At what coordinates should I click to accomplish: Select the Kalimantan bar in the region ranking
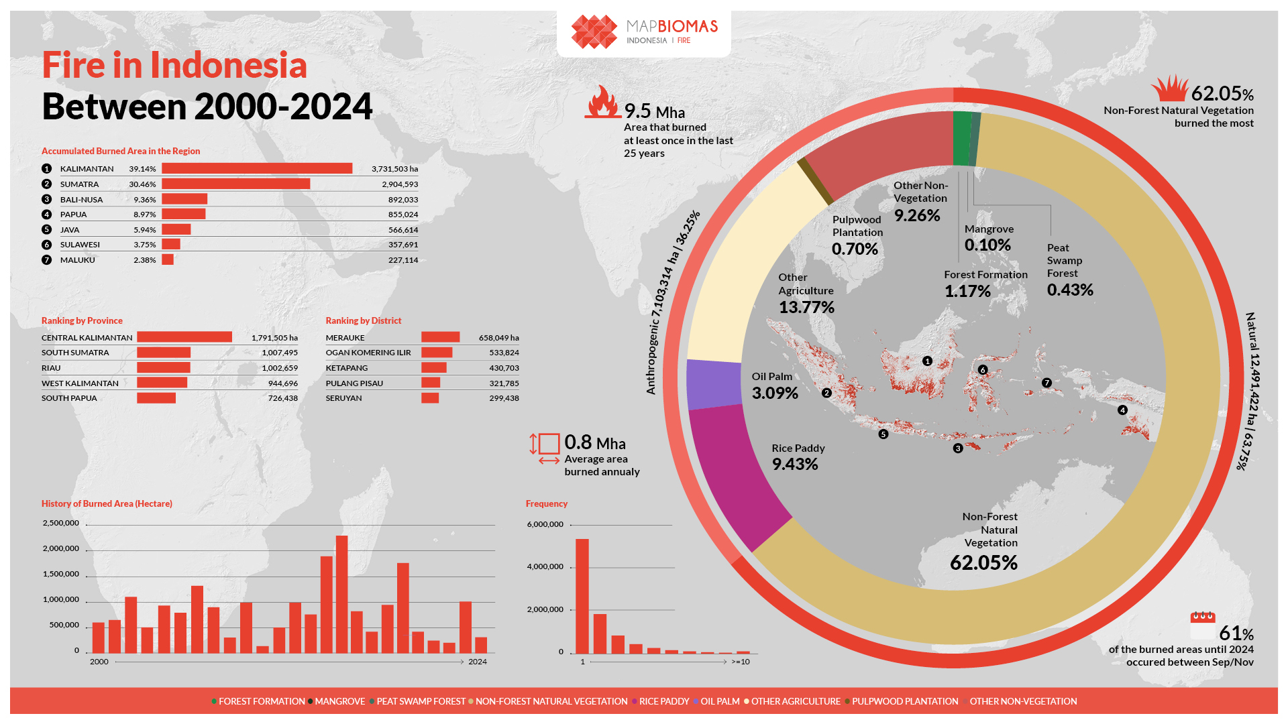click(256, 168)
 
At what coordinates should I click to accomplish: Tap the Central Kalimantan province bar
click(184, 337)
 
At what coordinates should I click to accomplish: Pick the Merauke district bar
click(440, 337)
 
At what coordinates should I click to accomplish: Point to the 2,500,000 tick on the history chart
click(61, 523)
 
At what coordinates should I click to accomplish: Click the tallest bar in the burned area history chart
click(341, 593)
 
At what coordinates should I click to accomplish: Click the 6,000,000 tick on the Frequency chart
click(545, 524)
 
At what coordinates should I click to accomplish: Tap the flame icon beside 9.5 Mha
click(602, 102)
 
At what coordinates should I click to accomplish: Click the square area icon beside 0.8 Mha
click(549, 444)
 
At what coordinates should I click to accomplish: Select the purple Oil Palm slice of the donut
click(712, 384)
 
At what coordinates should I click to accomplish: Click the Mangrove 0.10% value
click(987, 245)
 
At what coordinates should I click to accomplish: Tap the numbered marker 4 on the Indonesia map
click(1122, 410)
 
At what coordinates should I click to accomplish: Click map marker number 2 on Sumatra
click(826, 393)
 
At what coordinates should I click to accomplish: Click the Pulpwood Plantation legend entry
click(904, 701)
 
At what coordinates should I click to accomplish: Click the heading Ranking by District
click(364, 320)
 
